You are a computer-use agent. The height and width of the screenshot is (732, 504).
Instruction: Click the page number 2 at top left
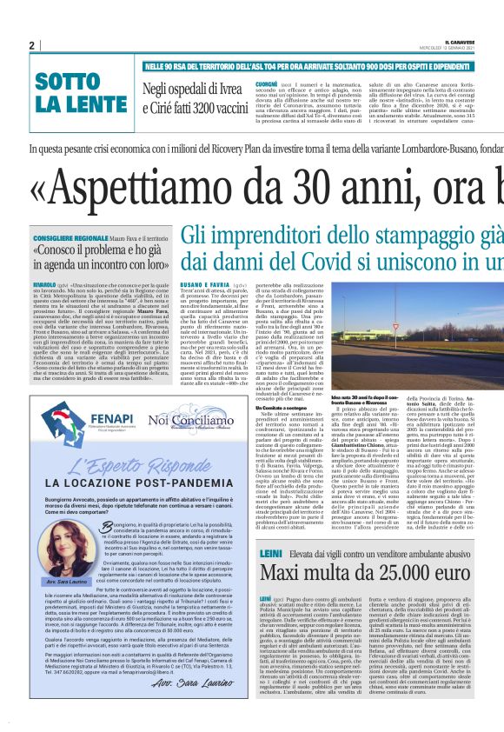[x=31, y=44]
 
